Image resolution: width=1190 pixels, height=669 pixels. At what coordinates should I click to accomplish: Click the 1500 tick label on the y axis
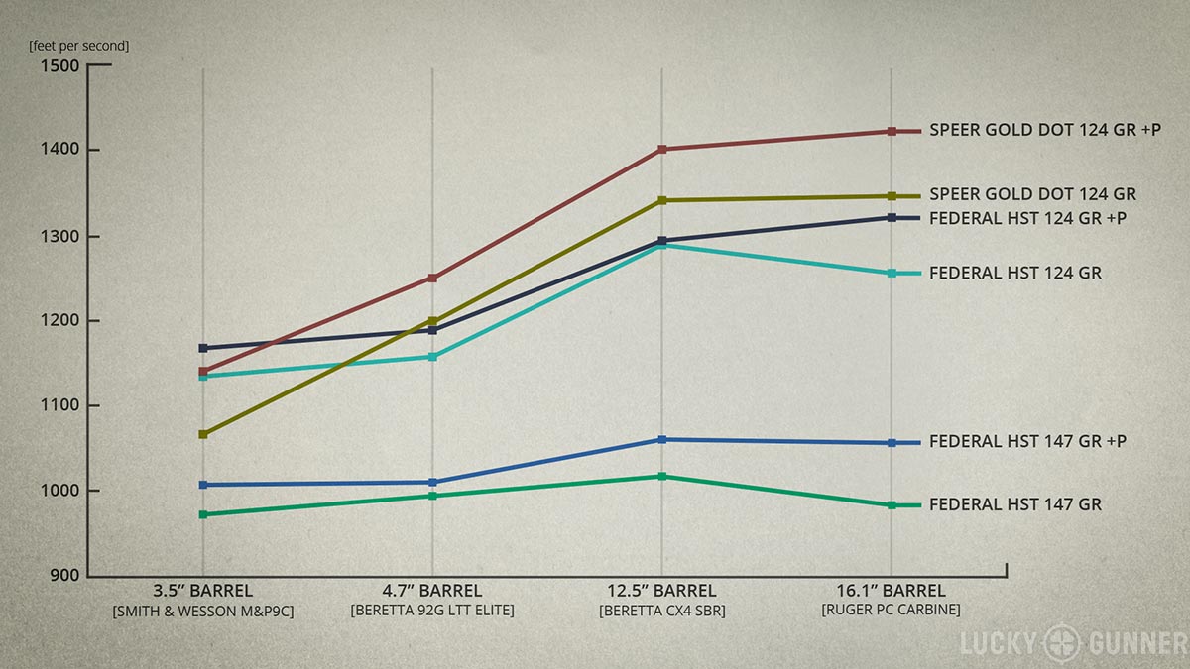point(60,66)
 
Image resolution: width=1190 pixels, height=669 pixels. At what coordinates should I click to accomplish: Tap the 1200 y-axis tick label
point(60,321)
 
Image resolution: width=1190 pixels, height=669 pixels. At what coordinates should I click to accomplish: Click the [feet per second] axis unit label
point(79,45)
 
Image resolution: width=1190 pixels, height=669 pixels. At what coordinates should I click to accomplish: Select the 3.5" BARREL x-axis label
point(203,592)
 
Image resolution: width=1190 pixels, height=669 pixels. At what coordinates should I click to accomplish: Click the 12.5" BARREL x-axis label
point(662,592)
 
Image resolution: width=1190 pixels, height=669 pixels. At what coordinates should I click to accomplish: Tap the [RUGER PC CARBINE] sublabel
point(891,610)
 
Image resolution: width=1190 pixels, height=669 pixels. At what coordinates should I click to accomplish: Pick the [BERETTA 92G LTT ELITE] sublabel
point(432,611)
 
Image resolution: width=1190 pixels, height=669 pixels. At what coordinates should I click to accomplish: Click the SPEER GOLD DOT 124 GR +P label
point(1045,130)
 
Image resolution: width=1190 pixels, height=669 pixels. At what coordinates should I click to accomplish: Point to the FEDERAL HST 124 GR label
point(1014,273)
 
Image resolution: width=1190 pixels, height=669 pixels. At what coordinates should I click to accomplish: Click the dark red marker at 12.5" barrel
point(662,150)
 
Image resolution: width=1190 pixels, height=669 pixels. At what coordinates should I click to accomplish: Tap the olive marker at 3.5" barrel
point(203,434)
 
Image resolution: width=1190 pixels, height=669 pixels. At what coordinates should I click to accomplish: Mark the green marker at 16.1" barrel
point(892,505)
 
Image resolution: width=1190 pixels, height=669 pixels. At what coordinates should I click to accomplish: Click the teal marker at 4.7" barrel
point(433,356)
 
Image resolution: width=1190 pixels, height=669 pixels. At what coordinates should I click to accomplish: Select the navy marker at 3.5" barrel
point(203,348)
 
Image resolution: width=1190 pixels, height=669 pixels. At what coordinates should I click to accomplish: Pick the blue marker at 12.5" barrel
point(662,439)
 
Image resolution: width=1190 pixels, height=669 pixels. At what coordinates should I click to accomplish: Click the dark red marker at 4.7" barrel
point(433,278)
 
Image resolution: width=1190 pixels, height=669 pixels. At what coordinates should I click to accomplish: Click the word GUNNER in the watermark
point(1130,643)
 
